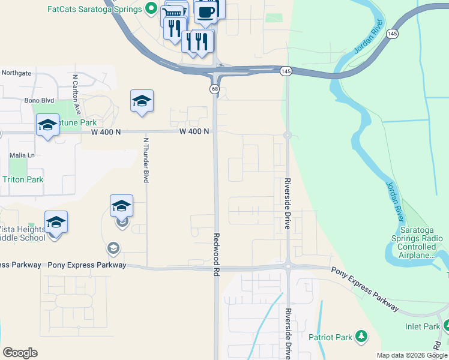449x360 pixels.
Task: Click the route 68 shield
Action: coord(214,89)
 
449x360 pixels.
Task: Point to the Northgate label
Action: coord(16,73)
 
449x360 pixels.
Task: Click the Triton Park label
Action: coord(23,179)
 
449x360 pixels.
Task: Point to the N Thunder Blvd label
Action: coord(145,160)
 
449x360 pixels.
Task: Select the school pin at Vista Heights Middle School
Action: coord(56,223)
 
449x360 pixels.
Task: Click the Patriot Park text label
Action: coord(330,337)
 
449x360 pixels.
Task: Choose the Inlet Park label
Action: coord(423,327)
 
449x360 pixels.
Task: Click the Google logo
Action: coord(20,353)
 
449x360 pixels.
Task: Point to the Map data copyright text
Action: coord(412,355)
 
